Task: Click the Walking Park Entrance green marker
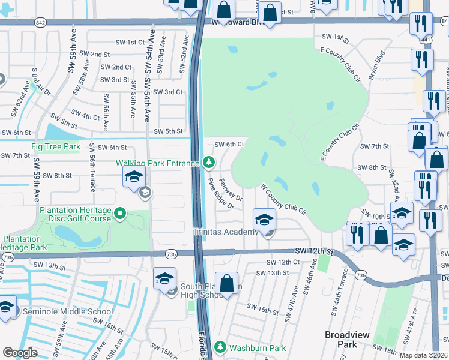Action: coord(208,162)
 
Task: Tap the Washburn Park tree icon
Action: coord(220,347)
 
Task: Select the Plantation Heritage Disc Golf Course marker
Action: coord(120,214)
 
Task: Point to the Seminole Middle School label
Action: coord(67,311)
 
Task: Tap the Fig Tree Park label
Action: coord(56,146)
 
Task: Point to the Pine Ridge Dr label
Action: coord(220,194)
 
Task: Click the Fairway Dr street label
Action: coord(231,189)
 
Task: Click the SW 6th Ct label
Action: coord(229,144)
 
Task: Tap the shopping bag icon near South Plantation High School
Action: coord(227,284)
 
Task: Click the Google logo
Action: coord(20,353)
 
